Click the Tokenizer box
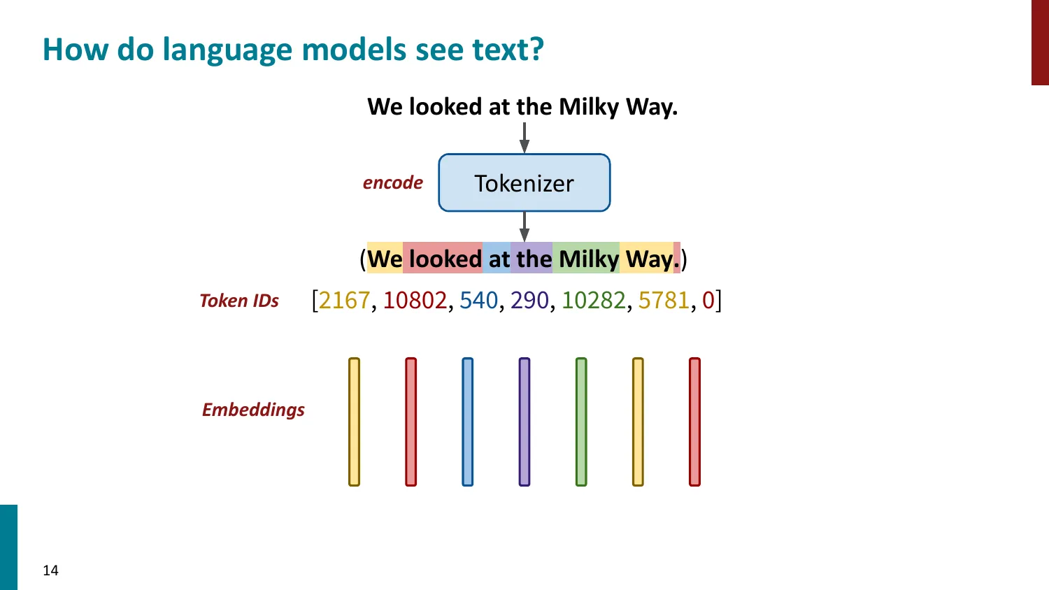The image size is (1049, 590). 524,183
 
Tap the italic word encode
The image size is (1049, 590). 393,183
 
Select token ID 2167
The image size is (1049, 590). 344,300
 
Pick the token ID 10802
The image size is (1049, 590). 415,300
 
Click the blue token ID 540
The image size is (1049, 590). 478,300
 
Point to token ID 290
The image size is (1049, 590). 529,300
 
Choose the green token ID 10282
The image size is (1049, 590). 594,300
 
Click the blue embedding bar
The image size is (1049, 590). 468,422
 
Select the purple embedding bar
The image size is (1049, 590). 524,422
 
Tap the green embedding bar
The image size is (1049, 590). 581,422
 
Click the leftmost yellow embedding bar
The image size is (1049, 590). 355,422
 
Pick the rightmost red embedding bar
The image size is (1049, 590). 694,422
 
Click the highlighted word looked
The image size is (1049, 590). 445,259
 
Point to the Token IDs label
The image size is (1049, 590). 239,301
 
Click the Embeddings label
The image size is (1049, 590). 253,410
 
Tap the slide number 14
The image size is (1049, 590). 50,570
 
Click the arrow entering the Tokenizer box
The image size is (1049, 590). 524,138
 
